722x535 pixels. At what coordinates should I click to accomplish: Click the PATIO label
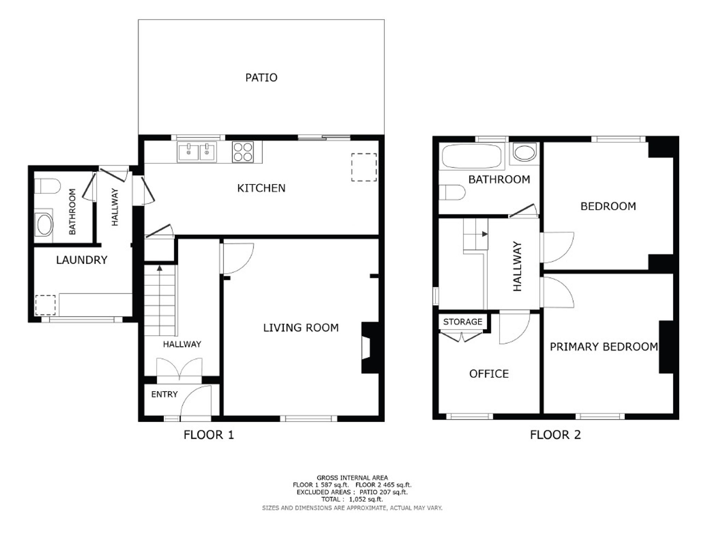(261, 78)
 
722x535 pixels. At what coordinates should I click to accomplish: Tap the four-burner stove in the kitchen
(243, 152)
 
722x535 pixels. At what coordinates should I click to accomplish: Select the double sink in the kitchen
(197, 152)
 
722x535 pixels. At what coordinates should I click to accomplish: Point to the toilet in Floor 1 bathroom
(47, 186)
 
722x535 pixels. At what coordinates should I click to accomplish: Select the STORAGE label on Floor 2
(462, 322)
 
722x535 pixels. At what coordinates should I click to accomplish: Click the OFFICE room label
(489, 374)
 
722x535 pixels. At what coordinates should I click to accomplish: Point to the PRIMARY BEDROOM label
(604, 347)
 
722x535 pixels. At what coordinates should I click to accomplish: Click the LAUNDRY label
(82, 260)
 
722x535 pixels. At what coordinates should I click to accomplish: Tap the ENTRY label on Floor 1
(164, 394)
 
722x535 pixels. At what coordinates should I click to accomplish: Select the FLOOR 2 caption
(555, 435)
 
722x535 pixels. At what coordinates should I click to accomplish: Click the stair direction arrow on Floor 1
(159, 268)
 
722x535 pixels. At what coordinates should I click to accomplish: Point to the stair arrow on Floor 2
(485, 234)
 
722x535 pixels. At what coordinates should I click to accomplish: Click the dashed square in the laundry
(45, 305)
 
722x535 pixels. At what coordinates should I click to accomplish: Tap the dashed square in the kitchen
(364, 167)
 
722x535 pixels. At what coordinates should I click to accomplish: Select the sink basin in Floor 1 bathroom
(44, 225)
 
